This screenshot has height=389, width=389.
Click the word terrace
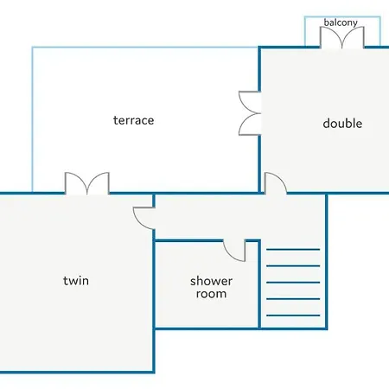133,120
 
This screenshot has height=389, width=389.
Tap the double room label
342,123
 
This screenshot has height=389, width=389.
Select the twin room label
76,280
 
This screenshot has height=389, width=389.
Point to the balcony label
341,22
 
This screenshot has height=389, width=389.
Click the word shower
211,281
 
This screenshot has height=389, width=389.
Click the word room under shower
211,294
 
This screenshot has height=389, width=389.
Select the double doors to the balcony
341,37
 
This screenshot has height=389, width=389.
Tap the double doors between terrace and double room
250,113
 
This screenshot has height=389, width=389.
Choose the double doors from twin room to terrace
87,183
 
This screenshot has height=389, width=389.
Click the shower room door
234,251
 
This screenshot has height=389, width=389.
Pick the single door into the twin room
144,218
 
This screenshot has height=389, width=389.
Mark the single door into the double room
276,183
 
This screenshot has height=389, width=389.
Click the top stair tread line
293,249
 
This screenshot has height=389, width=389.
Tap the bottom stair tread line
293,316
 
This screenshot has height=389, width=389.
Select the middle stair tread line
293,283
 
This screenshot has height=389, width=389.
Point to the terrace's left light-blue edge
32,119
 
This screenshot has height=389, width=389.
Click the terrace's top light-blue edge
145,48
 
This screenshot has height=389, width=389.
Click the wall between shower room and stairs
259,284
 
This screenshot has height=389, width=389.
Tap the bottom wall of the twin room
77,373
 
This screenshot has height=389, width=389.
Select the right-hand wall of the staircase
327,262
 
